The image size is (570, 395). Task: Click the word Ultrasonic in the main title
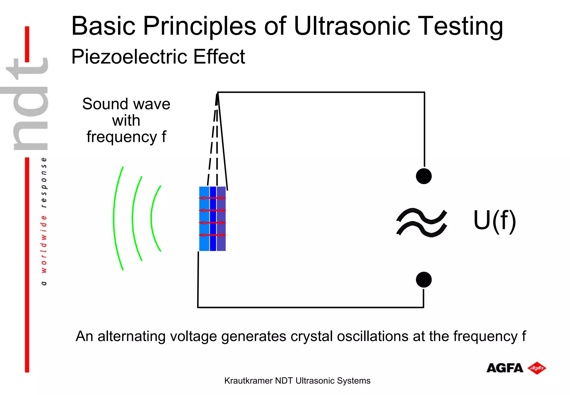tap(352, 26)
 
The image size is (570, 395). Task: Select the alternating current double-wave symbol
tap(422, 222)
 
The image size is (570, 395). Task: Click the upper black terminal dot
tap(424, 176)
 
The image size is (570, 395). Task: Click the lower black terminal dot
tap(424, 280)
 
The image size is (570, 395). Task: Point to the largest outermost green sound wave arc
tap(114, 219)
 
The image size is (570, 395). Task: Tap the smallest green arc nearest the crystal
tap(152, 219)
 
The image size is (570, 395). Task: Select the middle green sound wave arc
tap(133, 219)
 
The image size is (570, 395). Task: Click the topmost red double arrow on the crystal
tap(212, 198)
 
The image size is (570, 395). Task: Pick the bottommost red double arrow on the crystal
tap(212, 235)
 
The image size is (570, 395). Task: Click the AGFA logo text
tap(505, 368)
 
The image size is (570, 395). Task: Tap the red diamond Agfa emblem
tap(537, 368)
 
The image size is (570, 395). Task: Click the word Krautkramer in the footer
tap(248, 381)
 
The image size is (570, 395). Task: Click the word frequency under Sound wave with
tap(122, 137)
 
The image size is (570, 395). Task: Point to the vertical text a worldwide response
tap(44, 221)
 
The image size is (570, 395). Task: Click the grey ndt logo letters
tap(28, 104)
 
